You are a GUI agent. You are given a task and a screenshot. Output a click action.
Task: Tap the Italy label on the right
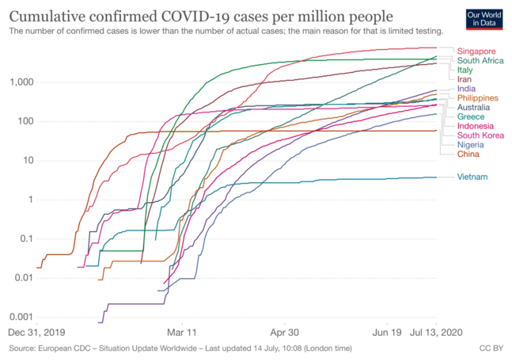[465, 70]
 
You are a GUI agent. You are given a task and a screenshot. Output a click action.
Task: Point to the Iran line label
[465, 79]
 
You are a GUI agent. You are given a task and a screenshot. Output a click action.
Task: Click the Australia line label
[473, 107]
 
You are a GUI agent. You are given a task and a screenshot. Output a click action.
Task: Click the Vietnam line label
[472, 176]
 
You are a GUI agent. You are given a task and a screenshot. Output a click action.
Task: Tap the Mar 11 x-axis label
[180, 333]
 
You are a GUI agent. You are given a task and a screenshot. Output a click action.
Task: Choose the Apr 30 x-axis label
[284, 333]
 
